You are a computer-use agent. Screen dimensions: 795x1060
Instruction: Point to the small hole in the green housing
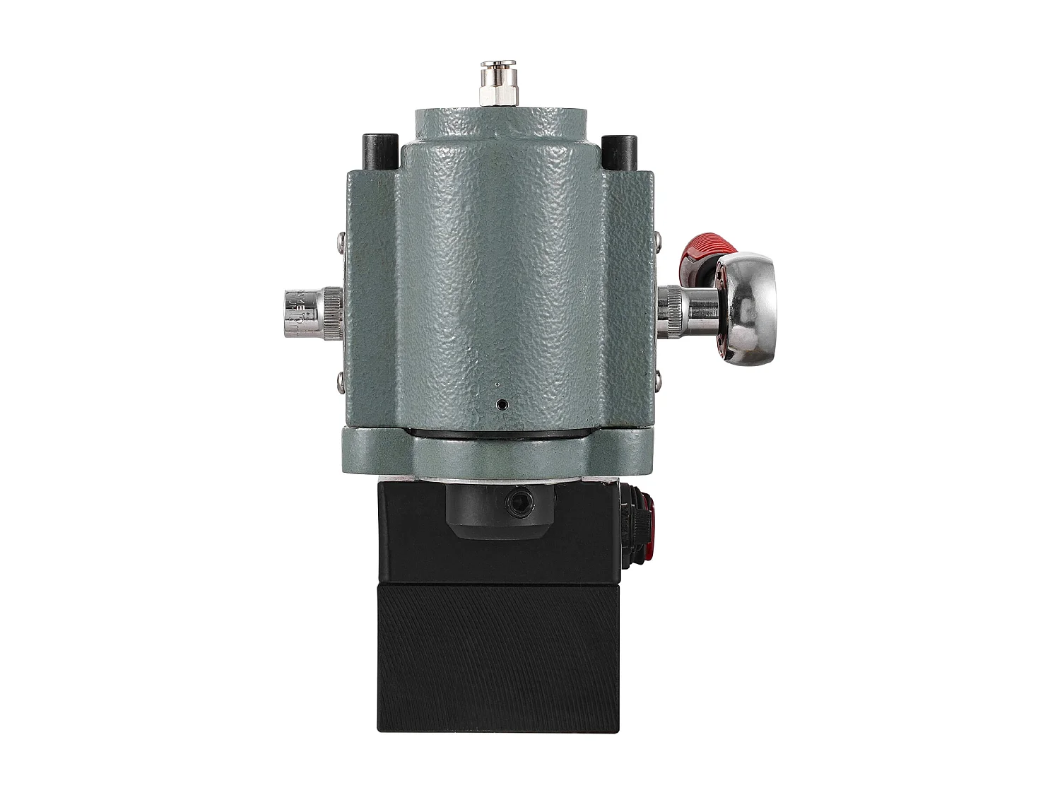(501, 404)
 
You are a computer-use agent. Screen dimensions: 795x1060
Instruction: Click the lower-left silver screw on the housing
(341, 377)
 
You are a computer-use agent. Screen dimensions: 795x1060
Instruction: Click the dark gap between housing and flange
(499, 432)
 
